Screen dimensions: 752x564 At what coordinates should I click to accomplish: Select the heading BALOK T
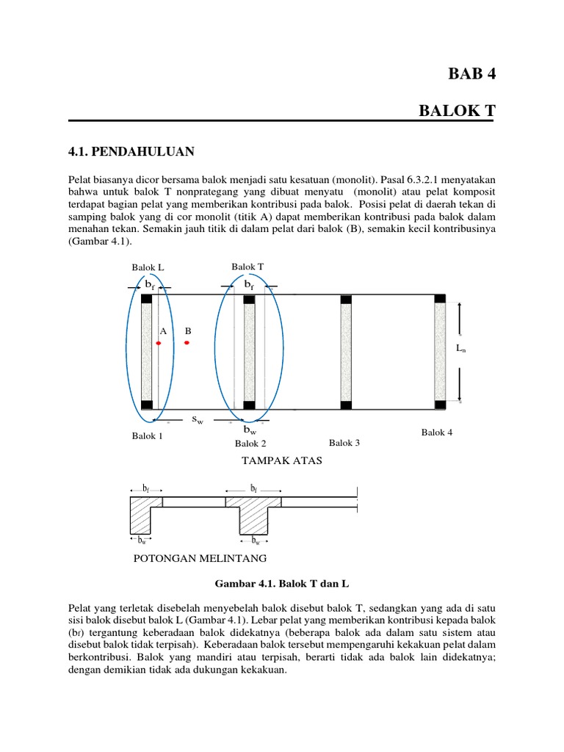(458, 111)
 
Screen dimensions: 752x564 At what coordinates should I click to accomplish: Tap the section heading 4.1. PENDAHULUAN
(131, 151)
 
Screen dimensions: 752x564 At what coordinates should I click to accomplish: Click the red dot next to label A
(158, 343)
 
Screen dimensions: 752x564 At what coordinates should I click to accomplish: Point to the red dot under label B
(187, 342)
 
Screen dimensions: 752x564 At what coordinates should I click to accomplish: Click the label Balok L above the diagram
(148, 268)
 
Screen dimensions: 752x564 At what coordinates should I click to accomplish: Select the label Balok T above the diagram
(247, 266)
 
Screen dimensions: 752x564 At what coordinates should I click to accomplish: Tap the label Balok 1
(147, 436)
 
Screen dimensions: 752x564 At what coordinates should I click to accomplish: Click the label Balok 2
(250, 444)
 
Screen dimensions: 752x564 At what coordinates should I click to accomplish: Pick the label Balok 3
(344, 442)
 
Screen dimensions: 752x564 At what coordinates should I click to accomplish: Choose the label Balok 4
(437, 433)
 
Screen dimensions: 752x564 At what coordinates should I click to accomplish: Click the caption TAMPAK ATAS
(272, 460)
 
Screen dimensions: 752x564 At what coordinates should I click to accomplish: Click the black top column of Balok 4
(440, 298)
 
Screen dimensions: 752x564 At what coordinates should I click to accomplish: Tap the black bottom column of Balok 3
(346, 405)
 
